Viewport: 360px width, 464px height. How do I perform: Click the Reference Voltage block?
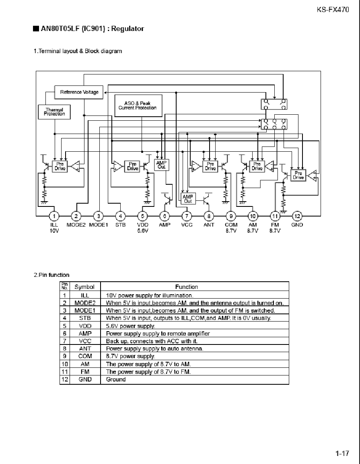79,92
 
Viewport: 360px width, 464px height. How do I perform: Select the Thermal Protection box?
54,112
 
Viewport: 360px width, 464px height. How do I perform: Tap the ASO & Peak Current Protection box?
138,106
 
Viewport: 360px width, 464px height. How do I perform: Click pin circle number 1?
54,217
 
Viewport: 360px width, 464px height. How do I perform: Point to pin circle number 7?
187,217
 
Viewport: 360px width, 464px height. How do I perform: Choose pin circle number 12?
297,217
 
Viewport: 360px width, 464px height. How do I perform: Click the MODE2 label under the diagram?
76,225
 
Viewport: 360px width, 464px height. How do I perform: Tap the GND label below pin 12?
297,225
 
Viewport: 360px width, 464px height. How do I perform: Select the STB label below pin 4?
120,225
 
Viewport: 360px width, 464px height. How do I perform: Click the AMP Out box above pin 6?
162,165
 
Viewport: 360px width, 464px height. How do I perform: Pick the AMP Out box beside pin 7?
188,199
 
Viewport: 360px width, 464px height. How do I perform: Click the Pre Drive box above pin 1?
60,166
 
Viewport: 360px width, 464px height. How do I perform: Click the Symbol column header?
84,287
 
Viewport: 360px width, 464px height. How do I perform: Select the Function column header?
186,287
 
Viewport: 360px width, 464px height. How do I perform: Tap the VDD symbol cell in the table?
85,326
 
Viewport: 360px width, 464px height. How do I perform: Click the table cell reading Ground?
116,379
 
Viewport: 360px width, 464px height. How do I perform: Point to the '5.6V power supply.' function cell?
130,326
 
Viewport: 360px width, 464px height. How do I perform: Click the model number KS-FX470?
333,10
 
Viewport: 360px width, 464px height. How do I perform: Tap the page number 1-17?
342,454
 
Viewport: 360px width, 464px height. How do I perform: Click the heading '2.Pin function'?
51,275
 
